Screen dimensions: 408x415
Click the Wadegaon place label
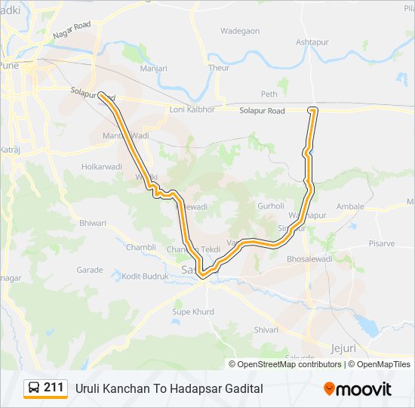click(240, 31)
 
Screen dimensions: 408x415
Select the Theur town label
click(219, 68)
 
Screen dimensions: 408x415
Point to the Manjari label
click(153, 68)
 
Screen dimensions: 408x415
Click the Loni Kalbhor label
click(192, 110)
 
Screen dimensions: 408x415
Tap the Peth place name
click(269, 94)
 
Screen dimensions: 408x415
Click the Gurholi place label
click(271, 206)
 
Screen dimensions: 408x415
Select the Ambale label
click(350, 206)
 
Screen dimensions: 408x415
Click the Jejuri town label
click(343, 348)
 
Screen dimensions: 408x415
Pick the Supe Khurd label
click(193, 311)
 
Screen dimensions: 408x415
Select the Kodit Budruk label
click(145, 277)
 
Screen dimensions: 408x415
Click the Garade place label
click(89, 270)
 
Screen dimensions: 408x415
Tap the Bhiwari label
click(93, 223)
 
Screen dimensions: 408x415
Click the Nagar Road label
click(72, 30)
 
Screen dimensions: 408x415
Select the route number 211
click(54, 388)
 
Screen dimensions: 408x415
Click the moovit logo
click(358, 389)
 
